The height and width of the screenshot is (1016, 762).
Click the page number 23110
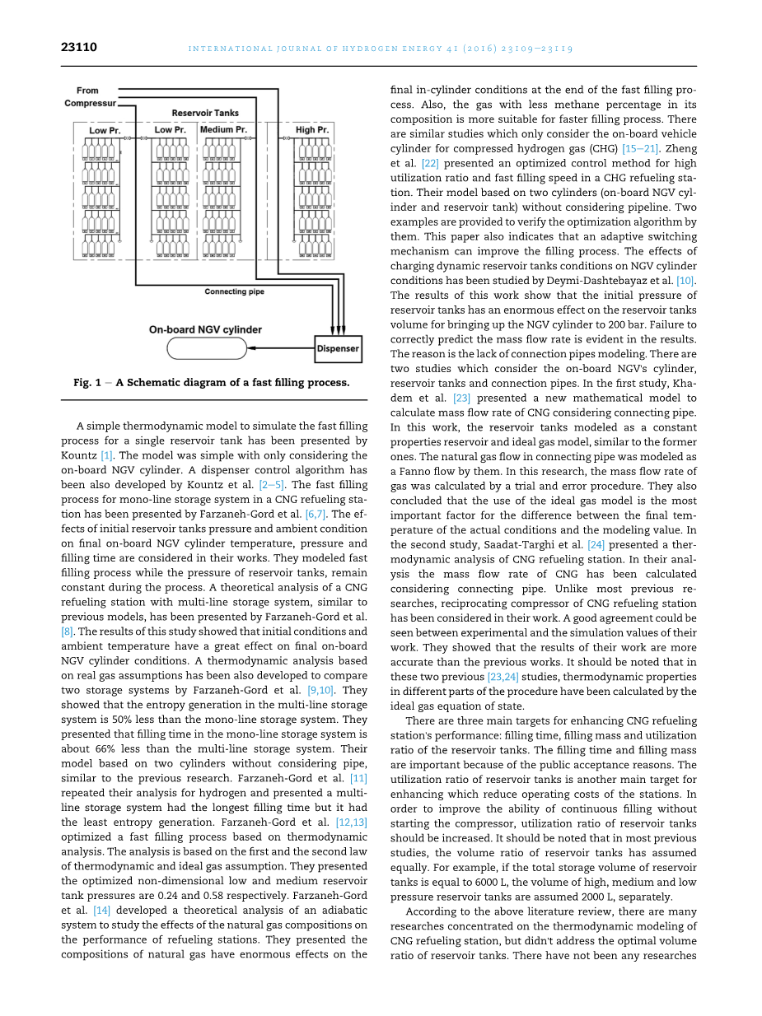[79, 48]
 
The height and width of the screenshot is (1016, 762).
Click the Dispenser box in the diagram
[338, 348]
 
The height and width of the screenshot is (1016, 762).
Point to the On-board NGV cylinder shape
[207, 348]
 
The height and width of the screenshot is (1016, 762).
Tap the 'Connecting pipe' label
[235, 291]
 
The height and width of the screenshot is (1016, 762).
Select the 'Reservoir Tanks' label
[205, 113]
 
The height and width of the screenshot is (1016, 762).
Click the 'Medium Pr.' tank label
[223, 130]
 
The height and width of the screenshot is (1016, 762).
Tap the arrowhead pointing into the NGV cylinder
[252, 348]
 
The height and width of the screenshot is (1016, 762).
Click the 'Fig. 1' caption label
[87, 383]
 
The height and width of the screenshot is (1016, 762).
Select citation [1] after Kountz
[106, 455]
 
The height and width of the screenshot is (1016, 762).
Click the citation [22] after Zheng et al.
[428, 164]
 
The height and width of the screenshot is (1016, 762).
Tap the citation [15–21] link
[640, 149]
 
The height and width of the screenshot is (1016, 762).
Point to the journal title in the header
[381, 49]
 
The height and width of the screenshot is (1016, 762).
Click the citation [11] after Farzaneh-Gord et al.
[358, 778]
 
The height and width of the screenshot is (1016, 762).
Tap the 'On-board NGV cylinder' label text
[205, 330]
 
